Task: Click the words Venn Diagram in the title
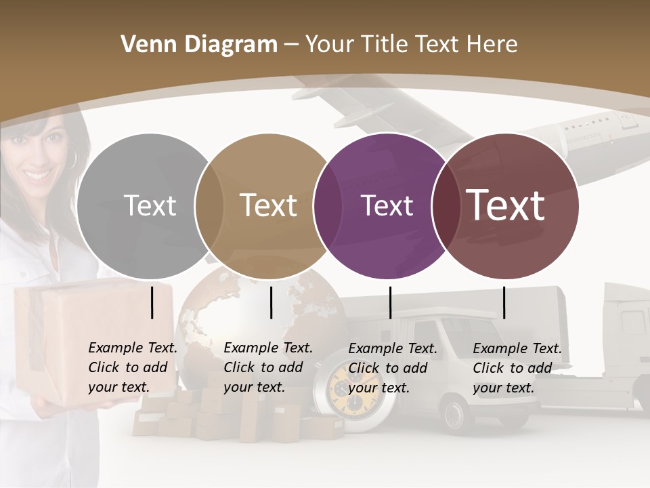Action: coord(199,45)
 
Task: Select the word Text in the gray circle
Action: coord(150,205)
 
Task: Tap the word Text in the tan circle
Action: coord(268,205)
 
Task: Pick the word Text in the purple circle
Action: coord(387,205)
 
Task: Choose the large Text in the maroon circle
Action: coord(506,205)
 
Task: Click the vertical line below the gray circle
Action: coord(152,302)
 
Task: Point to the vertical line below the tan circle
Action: coord(271,302)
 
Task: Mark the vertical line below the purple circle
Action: coord(390,302)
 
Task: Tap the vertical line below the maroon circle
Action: coord(504,302)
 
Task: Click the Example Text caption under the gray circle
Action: coord(133,367)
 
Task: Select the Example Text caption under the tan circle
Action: coord(268,367)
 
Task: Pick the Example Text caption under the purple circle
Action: coord(393,368)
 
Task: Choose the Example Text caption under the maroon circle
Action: coord(517,368)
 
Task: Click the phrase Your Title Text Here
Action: coord(411,45)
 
